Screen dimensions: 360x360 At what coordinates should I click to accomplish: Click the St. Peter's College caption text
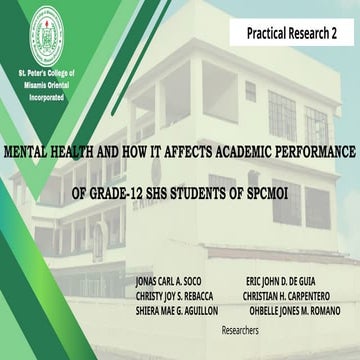click(43, 85)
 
